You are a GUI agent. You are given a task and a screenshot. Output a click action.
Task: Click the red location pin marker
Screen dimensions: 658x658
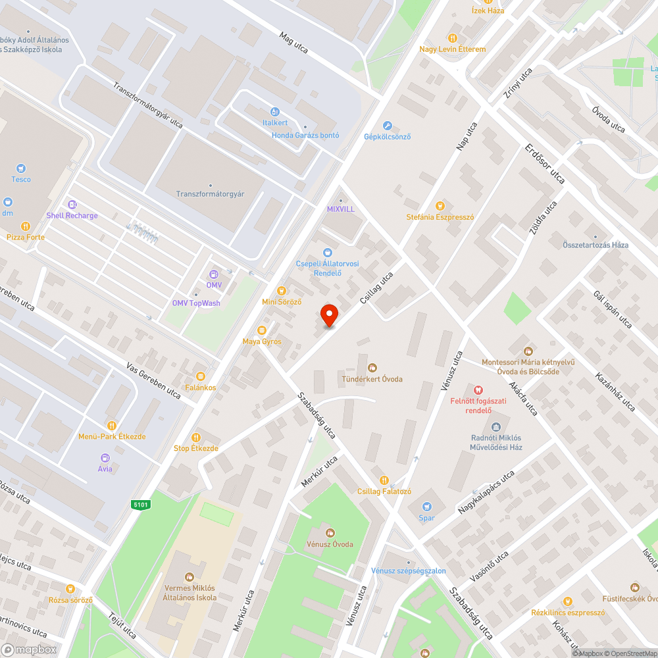(329, 315)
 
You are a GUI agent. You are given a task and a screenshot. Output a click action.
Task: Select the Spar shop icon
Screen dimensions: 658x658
(427, 507)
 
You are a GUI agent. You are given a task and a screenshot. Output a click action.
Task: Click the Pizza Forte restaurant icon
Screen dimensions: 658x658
(26, 226)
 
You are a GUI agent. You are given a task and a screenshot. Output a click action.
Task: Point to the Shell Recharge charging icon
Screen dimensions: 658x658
(72, 205)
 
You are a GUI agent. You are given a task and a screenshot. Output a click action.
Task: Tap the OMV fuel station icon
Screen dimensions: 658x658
(214, 274)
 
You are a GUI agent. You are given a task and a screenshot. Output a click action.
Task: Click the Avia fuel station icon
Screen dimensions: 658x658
(105, 458)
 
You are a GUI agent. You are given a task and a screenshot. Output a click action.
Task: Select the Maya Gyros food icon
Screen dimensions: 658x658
(262, 330)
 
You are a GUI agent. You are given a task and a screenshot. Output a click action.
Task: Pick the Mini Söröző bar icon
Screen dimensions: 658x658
(282, 290)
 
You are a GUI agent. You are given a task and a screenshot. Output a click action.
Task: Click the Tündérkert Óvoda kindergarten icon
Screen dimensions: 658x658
(372, 368)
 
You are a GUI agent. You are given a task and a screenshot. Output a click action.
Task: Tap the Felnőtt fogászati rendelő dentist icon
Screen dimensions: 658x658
(478, 389)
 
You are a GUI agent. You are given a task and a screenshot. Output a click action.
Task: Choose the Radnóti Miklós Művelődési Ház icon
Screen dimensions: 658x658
(496, 427)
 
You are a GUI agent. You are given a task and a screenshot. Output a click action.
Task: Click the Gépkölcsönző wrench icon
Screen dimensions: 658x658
(388, 126)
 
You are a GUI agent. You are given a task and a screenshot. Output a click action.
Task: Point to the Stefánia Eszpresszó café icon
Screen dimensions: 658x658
(440, 205)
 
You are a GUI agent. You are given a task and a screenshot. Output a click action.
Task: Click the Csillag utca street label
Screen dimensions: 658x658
(376, 288)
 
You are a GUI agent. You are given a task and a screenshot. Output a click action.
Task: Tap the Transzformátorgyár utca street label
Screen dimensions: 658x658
(147, 105)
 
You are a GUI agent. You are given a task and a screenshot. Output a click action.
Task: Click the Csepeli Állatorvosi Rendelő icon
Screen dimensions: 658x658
(327, 253)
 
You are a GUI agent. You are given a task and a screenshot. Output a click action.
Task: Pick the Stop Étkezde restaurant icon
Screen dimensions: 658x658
(195, 438)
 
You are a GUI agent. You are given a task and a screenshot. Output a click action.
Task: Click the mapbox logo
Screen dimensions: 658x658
(29, 649)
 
